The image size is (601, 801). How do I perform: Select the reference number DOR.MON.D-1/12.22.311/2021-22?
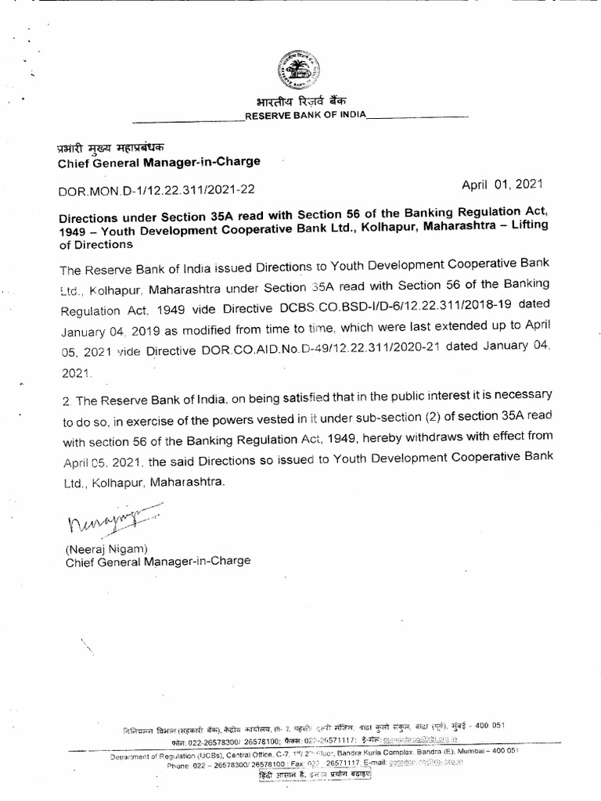coord(157,189)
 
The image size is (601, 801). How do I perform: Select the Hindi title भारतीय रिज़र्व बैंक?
coord(301,102)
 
